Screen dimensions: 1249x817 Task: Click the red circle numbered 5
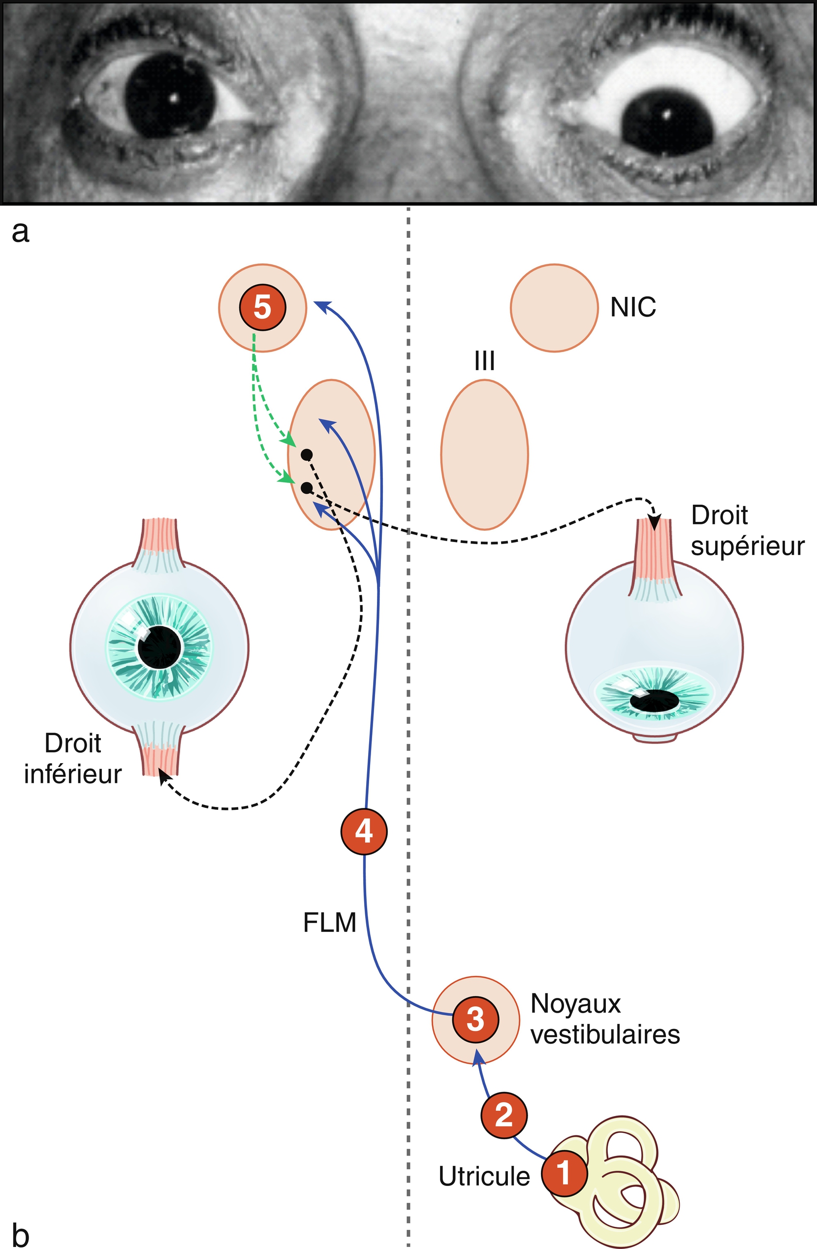pos(262,307)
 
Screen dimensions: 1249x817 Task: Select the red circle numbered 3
pos(475,1020)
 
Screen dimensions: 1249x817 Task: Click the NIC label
pos(633,307)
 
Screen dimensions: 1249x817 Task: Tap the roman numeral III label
pos(484,361)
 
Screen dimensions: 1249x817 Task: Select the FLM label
pos(330,923)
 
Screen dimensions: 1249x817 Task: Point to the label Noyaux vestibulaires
pos(604,1020)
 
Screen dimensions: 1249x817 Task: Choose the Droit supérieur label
pos(747,531)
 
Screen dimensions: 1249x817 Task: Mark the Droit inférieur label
pos(73,759)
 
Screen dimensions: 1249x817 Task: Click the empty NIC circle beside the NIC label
pos(554,308)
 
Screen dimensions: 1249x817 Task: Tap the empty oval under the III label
pos(484,455)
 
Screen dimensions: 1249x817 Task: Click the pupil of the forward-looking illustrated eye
pos(159,647)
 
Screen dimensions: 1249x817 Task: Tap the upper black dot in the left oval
pos(307,454)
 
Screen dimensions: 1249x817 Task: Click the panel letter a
pos(20,232)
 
